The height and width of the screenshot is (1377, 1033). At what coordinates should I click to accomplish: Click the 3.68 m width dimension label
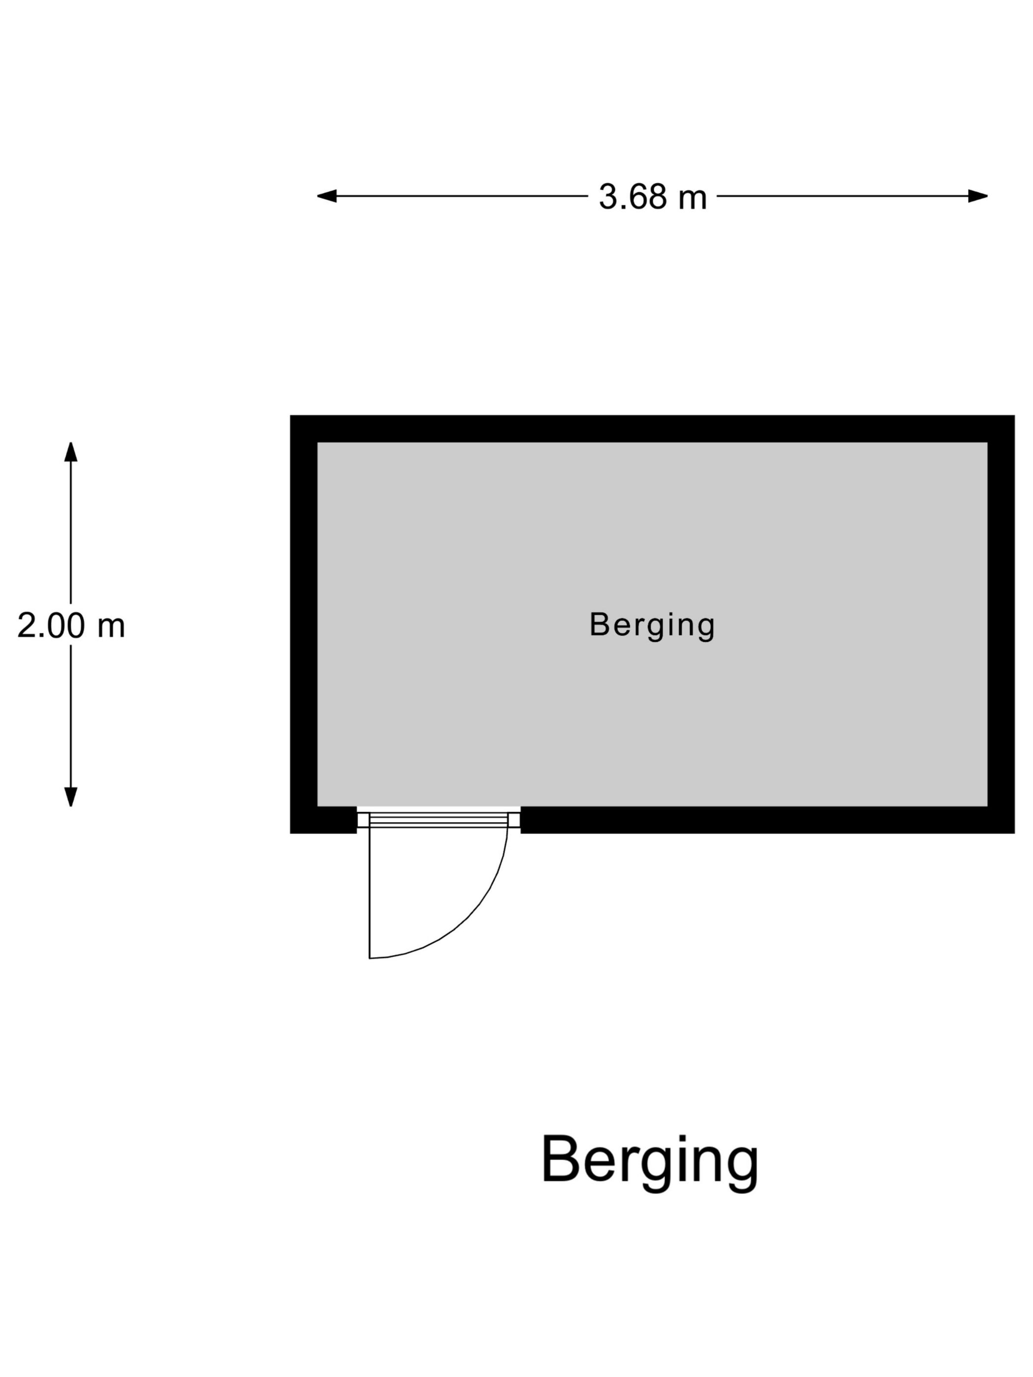pos(653,197)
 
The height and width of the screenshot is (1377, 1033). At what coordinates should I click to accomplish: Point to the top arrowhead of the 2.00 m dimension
pos(71,452)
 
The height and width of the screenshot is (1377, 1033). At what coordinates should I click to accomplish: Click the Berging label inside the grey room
pos(652,625)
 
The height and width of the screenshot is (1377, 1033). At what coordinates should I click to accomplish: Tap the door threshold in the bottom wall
pos(438,820)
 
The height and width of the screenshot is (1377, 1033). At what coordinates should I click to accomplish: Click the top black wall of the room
pos(652,428)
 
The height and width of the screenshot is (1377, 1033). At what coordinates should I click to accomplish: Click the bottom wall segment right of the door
pos(768,820)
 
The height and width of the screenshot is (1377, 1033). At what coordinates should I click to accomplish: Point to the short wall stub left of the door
pos(323,820)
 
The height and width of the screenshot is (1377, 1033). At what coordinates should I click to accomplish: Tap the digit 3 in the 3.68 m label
pos(607,197)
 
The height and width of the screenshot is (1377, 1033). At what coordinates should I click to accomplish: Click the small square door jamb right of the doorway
pos(515,820)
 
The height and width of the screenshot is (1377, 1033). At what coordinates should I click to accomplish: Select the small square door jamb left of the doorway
pos(363,820)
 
